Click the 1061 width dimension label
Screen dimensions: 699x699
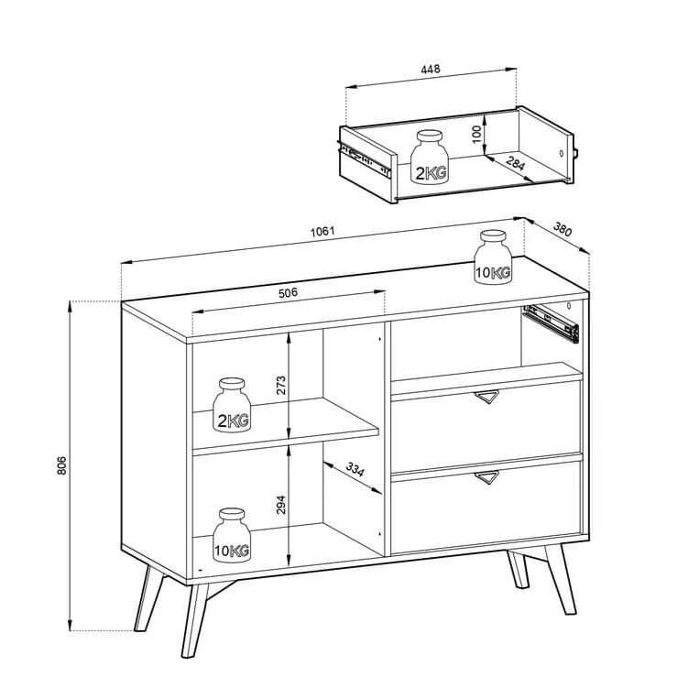pyautogui.click(x=322, y=231)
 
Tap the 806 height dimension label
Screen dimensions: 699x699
pyautogui.click(x=61, y=465)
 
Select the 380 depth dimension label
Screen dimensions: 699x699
pyautogui.click(x=562, y=229)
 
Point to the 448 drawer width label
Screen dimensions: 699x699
pyautogui.click(x=431, y=69)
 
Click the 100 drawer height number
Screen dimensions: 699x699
pyautogui.click(x=476, y=134)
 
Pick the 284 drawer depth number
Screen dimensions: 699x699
pyautogui.click(x=516, y=164)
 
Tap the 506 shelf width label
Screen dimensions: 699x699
pyautogui.click(x=288, y=293)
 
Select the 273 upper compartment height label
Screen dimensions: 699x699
pyautogui.click(x=280, y=386)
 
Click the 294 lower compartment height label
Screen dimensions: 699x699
pyautogui.click(x=280, y=505)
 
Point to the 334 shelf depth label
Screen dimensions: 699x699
pyautogui.click(x=355, y=469)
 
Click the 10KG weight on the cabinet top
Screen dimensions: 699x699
pyautogui.click(x=493, y=257)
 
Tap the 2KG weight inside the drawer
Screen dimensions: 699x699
pyautogui.click(x=430, y=157)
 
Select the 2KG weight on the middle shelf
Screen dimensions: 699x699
pyautogui.click(x=232, y=405)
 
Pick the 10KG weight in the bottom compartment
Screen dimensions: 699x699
pyautogui.click(x=232, y=535)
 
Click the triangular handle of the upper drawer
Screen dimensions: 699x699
pyautogui.click(x=486, y=397)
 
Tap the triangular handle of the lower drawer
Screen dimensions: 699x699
pyautogui.click(x=486, y=477)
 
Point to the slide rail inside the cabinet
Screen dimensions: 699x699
pyautogui.click(x=551, y=323)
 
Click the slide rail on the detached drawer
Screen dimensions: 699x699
pyautogui.click(x=365, y=158)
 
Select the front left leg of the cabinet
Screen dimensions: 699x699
pyautogui.click(x=194, y=620)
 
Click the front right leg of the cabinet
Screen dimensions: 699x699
pyautogui.click(x=561, y=580)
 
